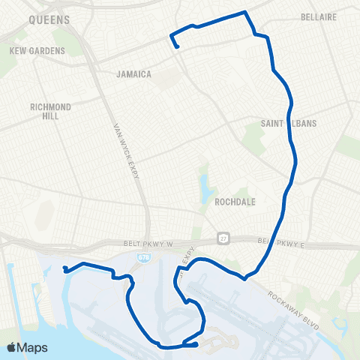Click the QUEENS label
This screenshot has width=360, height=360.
pos(49,20)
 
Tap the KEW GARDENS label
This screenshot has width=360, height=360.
pos(37,51)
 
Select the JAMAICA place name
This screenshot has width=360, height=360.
pos(135,74)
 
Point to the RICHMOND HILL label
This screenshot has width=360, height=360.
pos(51,112)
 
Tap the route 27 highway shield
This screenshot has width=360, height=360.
pos(223,238)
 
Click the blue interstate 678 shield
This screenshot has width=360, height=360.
pos(141,256)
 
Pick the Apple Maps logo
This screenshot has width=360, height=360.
pos(28,347)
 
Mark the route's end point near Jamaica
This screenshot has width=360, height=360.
pos(177,47)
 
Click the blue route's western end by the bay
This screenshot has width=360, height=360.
pos(65,270)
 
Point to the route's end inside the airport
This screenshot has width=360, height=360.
pos(196,344)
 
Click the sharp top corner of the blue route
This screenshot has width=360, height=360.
pos(244,12)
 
